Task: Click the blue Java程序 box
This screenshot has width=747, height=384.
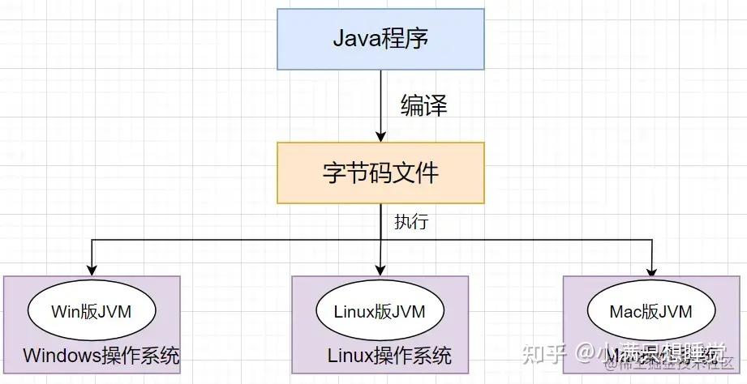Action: [x=380, y=39]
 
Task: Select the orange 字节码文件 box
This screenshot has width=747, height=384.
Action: [x=380, y=173]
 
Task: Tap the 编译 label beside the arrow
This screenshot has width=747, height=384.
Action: [x=423, y=105]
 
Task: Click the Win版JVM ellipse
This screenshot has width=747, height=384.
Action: [x=92, y=311]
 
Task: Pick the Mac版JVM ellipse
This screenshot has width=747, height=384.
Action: [x=651, y=311]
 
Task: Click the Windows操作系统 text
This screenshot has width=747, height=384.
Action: [x=101, y=356]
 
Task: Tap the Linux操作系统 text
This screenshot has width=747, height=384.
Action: [x=389, y=356]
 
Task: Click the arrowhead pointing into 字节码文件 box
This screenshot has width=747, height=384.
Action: [x=380, y=136]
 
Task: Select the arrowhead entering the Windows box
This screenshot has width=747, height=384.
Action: [x=92, y=270]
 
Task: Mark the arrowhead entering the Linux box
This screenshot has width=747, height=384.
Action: [x=380, y=270]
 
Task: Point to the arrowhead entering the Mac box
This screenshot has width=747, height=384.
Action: [x=652, y=270]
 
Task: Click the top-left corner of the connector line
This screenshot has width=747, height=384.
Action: [x=92, y=240]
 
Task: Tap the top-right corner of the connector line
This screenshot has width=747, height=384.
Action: [x=652, y=240]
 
